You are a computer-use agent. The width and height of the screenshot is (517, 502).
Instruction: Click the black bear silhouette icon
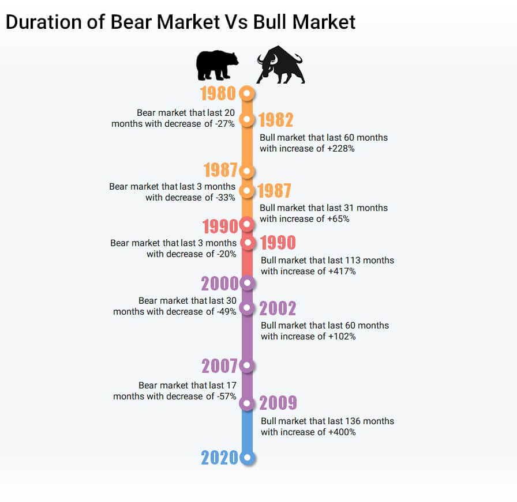[217, 65]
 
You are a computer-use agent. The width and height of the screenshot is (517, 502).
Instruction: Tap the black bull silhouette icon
[280, 65]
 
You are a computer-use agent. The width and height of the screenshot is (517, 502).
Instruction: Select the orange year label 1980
[218, 93]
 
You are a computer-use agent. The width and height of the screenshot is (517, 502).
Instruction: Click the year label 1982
[276, 120]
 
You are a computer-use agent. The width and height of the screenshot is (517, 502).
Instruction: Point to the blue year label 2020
[219, 458]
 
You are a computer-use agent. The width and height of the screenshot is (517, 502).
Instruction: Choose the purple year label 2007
[219, 366]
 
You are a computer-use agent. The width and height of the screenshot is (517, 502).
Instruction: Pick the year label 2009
[278, 403]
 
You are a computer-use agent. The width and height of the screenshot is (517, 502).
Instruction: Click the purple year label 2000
[219, 284]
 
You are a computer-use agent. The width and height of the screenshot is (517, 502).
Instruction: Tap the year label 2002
[278, 309]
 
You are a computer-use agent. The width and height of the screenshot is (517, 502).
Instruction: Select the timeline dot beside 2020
[247, 458]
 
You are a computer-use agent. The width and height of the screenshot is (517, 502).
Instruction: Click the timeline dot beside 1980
[246, 93]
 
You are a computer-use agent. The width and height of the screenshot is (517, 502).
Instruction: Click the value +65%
[338, 219]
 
